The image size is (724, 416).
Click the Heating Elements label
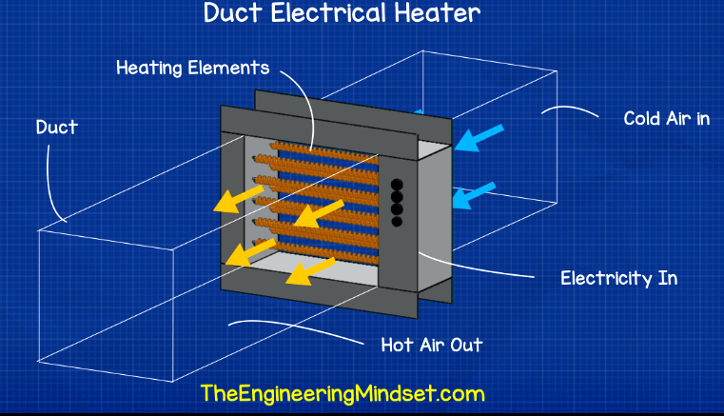tap(192, 69)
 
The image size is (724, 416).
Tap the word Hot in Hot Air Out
tap(399, 345)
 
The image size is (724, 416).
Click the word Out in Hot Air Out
tap(465, 345)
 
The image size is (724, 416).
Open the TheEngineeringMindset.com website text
tap(342, 393)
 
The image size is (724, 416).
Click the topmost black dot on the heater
tap(398, 184)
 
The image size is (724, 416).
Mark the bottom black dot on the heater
tap(398, 221)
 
